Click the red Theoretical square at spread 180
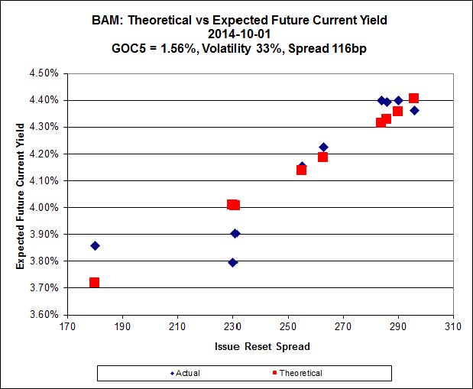(x=94, y=283)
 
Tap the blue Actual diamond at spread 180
(x=95, y=245)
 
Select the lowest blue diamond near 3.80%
(x=233, y=262)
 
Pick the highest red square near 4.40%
(x=413, y=98)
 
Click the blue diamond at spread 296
(x=414, y=110)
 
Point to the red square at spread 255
(x=301, y=170)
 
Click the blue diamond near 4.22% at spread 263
(x=323, y=147)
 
